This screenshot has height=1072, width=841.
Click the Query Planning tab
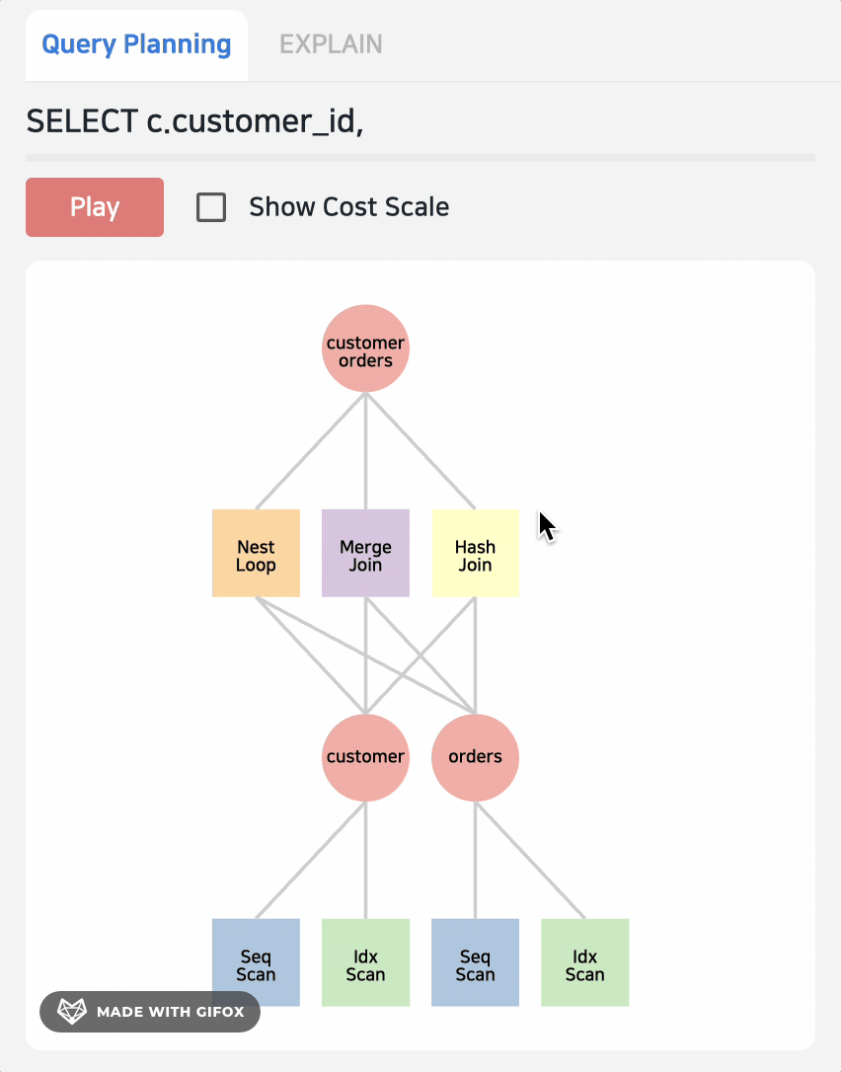tap(136, 44)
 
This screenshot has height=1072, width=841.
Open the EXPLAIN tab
tap(331, 44)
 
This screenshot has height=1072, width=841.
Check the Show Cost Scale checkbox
tap(211, 207)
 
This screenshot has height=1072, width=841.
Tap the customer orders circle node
tap(365, 348)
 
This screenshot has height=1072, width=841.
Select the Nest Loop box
tap(256, 554)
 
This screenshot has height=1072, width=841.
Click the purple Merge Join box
tap(365, 554)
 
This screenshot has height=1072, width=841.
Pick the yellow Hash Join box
tap(475, 554)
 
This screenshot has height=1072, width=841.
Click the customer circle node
tap(365, 757)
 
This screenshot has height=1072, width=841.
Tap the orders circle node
tap(475, 757)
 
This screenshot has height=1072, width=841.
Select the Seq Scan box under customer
tap(256, 962)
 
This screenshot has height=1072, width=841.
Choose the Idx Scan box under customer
tap(365, 962)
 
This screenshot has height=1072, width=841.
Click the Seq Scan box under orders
tap(475, 962)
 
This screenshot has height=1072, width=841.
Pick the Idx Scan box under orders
tap(584, 962)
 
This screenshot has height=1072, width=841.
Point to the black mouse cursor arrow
tap(546, 524)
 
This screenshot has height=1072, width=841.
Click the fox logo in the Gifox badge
tap(71, 1012)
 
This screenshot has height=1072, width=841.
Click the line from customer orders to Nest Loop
tap(310, 451)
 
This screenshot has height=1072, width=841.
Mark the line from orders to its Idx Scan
tap(530, 860)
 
